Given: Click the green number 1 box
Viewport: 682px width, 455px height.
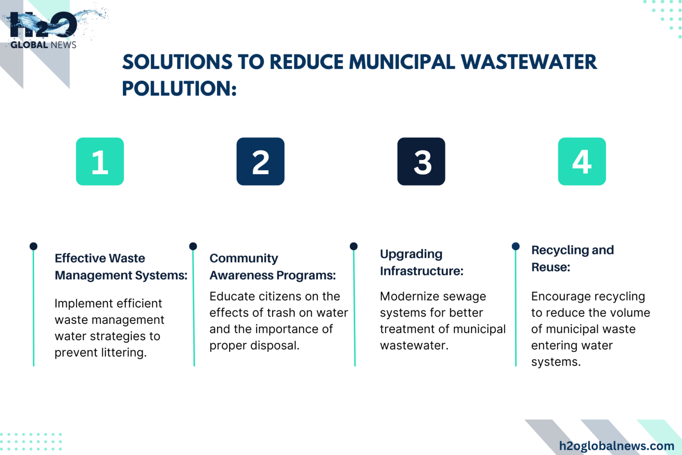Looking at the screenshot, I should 100,161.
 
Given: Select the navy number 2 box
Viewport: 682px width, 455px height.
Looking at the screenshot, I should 260,161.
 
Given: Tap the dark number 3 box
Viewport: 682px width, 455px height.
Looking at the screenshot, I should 421,161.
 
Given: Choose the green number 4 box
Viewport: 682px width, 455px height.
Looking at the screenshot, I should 582,161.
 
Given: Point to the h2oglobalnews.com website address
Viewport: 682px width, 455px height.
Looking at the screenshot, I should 616,446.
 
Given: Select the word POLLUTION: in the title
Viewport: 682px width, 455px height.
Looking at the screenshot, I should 179,89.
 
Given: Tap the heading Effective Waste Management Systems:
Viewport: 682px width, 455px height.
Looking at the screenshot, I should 120,267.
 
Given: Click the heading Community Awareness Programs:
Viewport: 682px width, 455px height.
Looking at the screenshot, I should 272,267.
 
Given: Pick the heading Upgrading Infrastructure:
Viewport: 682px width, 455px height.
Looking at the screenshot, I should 421,262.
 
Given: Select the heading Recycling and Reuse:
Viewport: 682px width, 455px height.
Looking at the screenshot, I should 572,258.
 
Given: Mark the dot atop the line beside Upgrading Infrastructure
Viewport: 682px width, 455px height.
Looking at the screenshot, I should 354,246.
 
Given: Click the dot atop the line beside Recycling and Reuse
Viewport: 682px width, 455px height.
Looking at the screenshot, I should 515,246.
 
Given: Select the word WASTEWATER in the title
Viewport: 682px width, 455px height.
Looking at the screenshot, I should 529,62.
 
